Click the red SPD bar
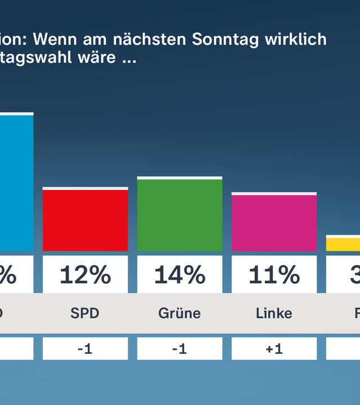tap(85, 219)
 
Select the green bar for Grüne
tap(179, 214)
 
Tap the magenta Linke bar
tap(274, 222)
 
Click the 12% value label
tap(85, 275)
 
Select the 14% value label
tap(179, 275)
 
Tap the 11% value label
tap(274, 275)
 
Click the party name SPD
tap(85, 313)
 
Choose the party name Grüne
tap(179, 313)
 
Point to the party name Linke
tap(274, 313)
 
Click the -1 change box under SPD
tap(85, 349)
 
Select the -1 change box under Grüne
tap(179, 349)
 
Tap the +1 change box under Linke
tap(274, 349)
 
